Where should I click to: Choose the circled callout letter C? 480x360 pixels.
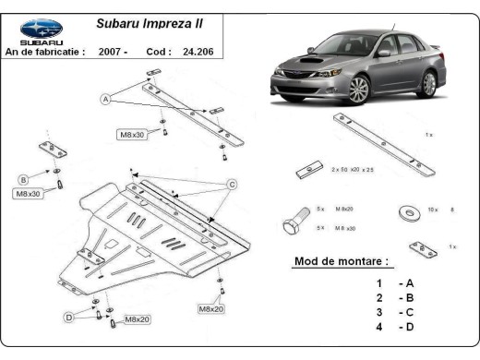click(233, 183)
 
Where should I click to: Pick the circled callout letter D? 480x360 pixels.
click(67, 317)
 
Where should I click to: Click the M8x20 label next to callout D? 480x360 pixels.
click(137, 319)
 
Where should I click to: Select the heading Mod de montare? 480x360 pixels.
click(341, 261)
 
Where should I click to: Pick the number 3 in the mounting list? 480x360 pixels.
click(378, 312)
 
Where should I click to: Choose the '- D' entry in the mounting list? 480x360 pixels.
click(405, 327)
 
